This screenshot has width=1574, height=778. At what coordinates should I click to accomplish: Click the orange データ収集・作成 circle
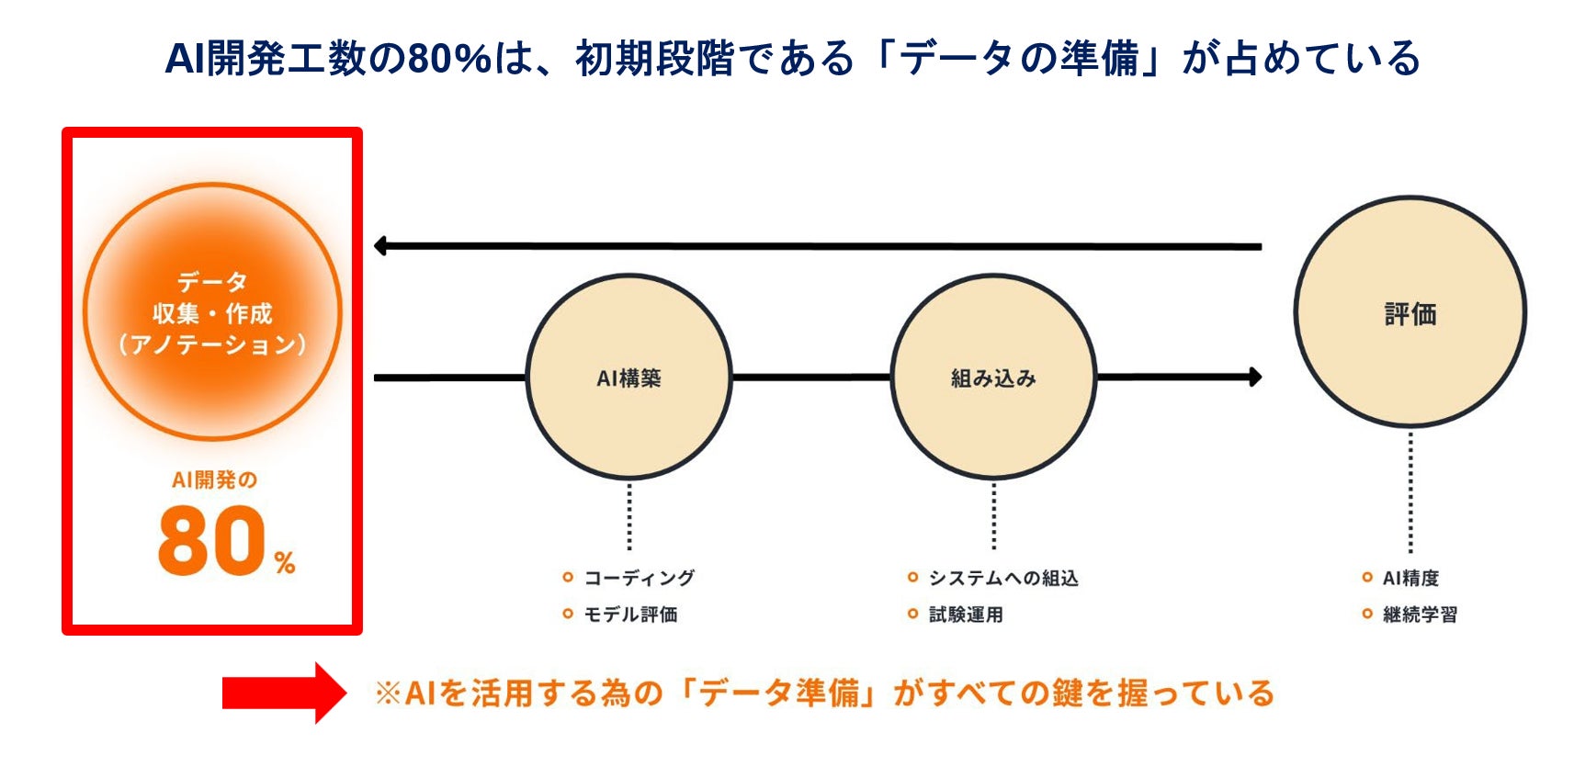click(x=212, y=312)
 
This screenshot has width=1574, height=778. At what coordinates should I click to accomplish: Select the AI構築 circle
click(x=628, y=377)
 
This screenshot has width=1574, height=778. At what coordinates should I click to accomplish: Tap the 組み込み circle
click(x=992, y=377)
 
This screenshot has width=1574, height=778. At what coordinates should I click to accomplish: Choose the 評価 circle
click(x=1410, y=312)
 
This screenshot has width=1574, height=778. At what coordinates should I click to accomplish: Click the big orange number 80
click(x=212, y=542)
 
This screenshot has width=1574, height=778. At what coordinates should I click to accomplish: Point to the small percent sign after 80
click(x=285, y=562)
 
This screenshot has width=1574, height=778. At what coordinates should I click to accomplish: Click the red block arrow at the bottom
click(x=284, y=693)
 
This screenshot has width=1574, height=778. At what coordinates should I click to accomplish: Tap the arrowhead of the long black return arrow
click(x=381, y=245)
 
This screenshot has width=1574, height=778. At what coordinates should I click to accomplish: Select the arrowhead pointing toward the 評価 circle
click(x=1254, y=377)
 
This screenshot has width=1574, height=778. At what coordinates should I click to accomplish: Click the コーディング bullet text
click(x=639, y=578)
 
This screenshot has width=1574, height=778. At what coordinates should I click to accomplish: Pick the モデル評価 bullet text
click(x=630, y=615)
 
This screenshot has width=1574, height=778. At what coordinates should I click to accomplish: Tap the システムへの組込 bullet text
click(x=1002, y=578)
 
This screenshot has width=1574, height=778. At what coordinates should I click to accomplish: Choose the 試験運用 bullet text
click(x=965, y=615)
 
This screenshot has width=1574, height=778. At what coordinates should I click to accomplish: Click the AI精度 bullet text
click(x=1410, y=578)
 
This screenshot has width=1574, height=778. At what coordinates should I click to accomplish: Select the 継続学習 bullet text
click(x=1420, y=615)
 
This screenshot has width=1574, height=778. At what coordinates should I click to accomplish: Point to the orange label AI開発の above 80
click(x=214, y=479)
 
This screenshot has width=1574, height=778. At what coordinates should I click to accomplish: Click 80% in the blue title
click(x=449, y=59)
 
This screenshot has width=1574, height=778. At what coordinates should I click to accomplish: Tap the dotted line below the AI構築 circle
click(x=629, y=516)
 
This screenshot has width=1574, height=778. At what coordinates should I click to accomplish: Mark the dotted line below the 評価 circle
click(x=1410, y=491)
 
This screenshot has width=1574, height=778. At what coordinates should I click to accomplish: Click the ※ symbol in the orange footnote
click(x=388, y=693)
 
